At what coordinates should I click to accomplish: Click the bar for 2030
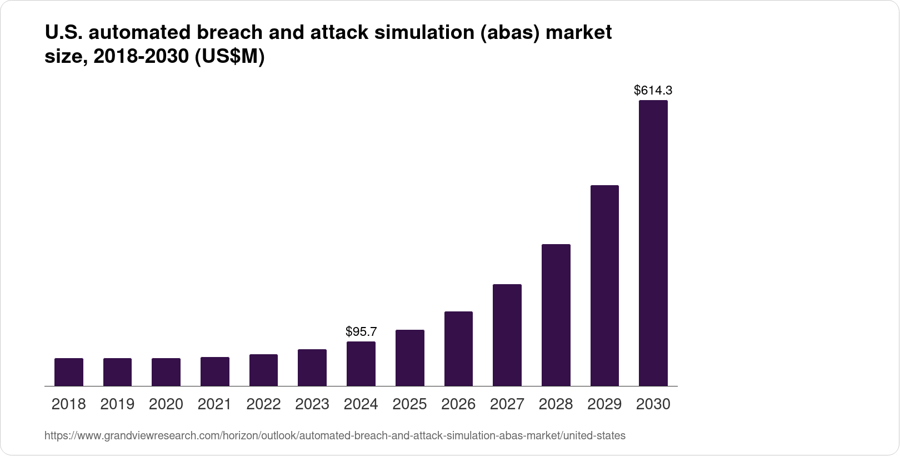coord(653,243)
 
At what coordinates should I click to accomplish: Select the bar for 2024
coord(361,364)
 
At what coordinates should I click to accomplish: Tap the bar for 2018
coord(69,372)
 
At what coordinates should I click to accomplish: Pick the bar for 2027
coord(507,335)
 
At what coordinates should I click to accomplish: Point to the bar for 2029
coord(604,285)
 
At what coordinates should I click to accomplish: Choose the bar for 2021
coord(215,371)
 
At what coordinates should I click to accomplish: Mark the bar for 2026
coord(458,349)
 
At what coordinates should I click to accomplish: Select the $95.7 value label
coord(361,332)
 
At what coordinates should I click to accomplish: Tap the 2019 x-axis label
coord(117,404)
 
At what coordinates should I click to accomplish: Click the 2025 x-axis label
coord(409,404)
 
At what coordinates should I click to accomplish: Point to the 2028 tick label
coord(556,404)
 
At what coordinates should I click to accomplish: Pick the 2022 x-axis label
coord(263,404)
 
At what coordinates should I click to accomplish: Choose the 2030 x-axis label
coord(653,404)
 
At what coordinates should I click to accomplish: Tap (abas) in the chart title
coord(510,33)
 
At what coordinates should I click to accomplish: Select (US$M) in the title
coord(229,57)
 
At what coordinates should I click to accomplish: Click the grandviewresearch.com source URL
coord(334,436)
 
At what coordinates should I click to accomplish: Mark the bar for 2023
coord(312,368)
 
